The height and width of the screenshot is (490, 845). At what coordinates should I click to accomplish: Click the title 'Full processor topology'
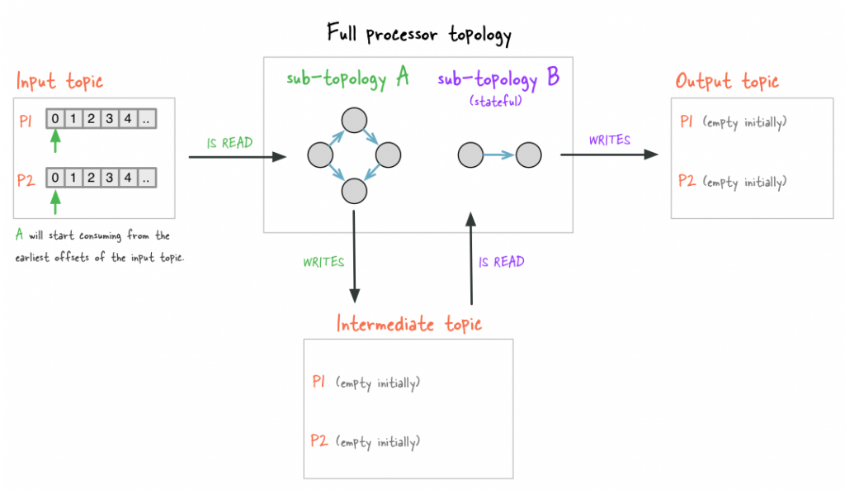419,35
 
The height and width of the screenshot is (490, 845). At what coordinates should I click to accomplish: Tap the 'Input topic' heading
60,82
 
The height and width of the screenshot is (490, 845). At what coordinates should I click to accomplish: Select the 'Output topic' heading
727,81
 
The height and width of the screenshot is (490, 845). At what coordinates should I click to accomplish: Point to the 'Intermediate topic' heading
408,323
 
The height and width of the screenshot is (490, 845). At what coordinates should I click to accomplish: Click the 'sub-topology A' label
348,78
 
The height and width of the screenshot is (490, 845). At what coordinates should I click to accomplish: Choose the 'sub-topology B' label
498,78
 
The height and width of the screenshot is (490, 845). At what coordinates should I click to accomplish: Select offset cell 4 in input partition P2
127,177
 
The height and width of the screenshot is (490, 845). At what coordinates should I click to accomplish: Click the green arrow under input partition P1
55,140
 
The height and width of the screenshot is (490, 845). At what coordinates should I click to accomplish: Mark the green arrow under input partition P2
55,199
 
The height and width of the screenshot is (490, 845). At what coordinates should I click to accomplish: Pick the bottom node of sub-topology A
353,191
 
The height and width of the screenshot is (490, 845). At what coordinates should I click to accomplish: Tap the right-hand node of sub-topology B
528,154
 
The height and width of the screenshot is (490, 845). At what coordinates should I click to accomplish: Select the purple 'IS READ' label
502,263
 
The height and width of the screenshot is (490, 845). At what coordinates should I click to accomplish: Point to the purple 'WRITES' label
610,140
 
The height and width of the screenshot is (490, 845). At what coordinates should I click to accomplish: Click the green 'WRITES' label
323,262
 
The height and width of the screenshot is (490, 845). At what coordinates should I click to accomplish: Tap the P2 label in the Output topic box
687,181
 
